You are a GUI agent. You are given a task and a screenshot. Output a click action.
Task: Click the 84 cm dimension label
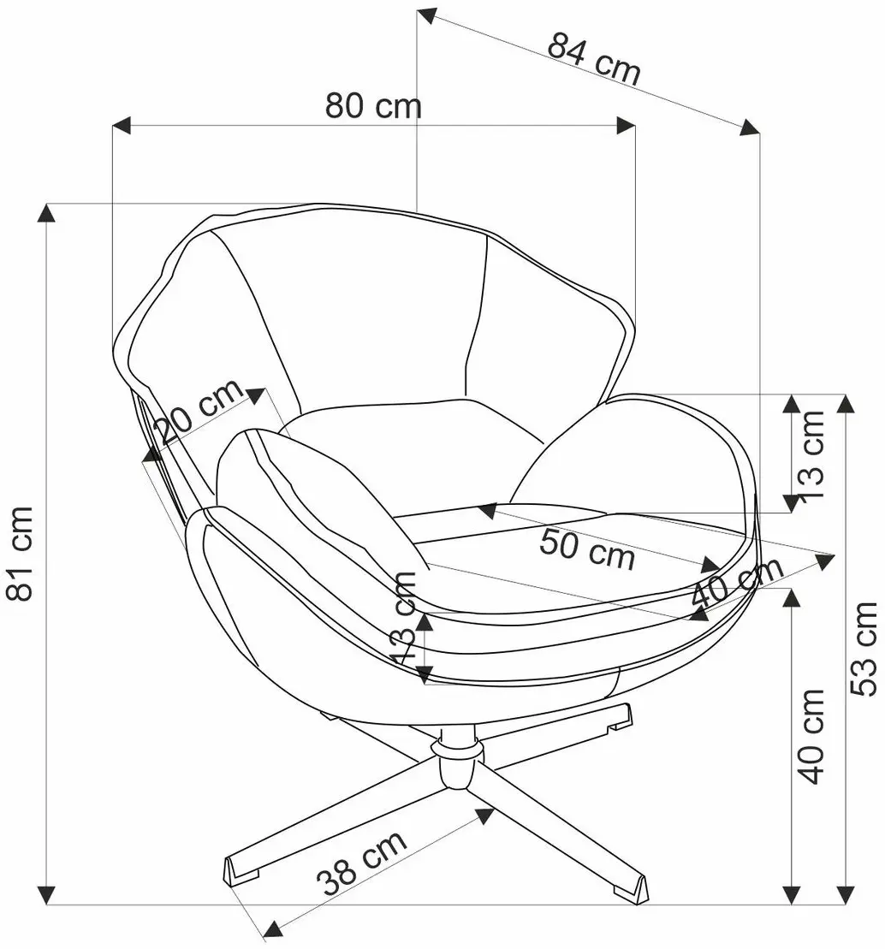[x=593, y=59]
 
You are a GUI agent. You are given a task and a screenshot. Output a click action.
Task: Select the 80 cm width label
[x=373, y=106]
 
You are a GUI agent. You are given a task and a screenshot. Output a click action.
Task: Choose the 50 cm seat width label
[x=586, y=549]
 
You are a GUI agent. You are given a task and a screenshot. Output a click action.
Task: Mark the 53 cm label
[x=864, y=648]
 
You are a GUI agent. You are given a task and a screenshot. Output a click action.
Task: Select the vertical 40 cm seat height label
[x=811, y=735]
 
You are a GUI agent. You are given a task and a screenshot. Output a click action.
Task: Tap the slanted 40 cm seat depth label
[x=737, y=582]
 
